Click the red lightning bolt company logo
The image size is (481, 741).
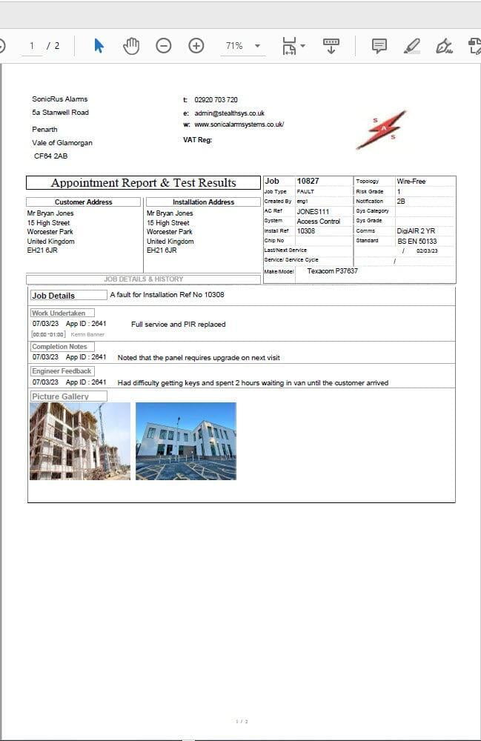coord(381,130)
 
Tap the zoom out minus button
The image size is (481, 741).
coord(164,46)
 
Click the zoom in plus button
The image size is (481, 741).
coord(196,46)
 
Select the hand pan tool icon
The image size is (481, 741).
coord(131,46)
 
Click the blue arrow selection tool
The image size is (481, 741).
coord(99,46)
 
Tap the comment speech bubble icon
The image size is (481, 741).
coord(379,46)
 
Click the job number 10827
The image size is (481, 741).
coord(308,181)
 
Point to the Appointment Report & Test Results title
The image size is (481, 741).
coord(144,183)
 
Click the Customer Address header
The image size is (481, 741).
coord(83,202)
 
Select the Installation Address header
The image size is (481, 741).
coord(203,202)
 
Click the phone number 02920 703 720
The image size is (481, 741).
coord(216,100)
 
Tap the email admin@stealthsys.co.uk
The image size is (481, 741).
coord(229,113)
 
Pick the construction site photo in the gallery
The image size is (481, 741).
coord(80,441)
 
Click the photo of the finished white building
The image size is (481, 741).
coord(186,441)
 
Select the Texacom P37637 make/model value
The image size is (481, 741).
coord(332,271)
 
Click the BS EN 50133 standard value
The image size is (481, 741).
coord(417,241)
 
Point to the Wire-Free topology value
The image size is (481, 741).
coord(411,181)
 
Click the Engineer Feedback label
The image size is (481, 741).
coord(62,371)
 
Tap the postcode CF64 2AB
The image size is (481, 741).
coord(50,156)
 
